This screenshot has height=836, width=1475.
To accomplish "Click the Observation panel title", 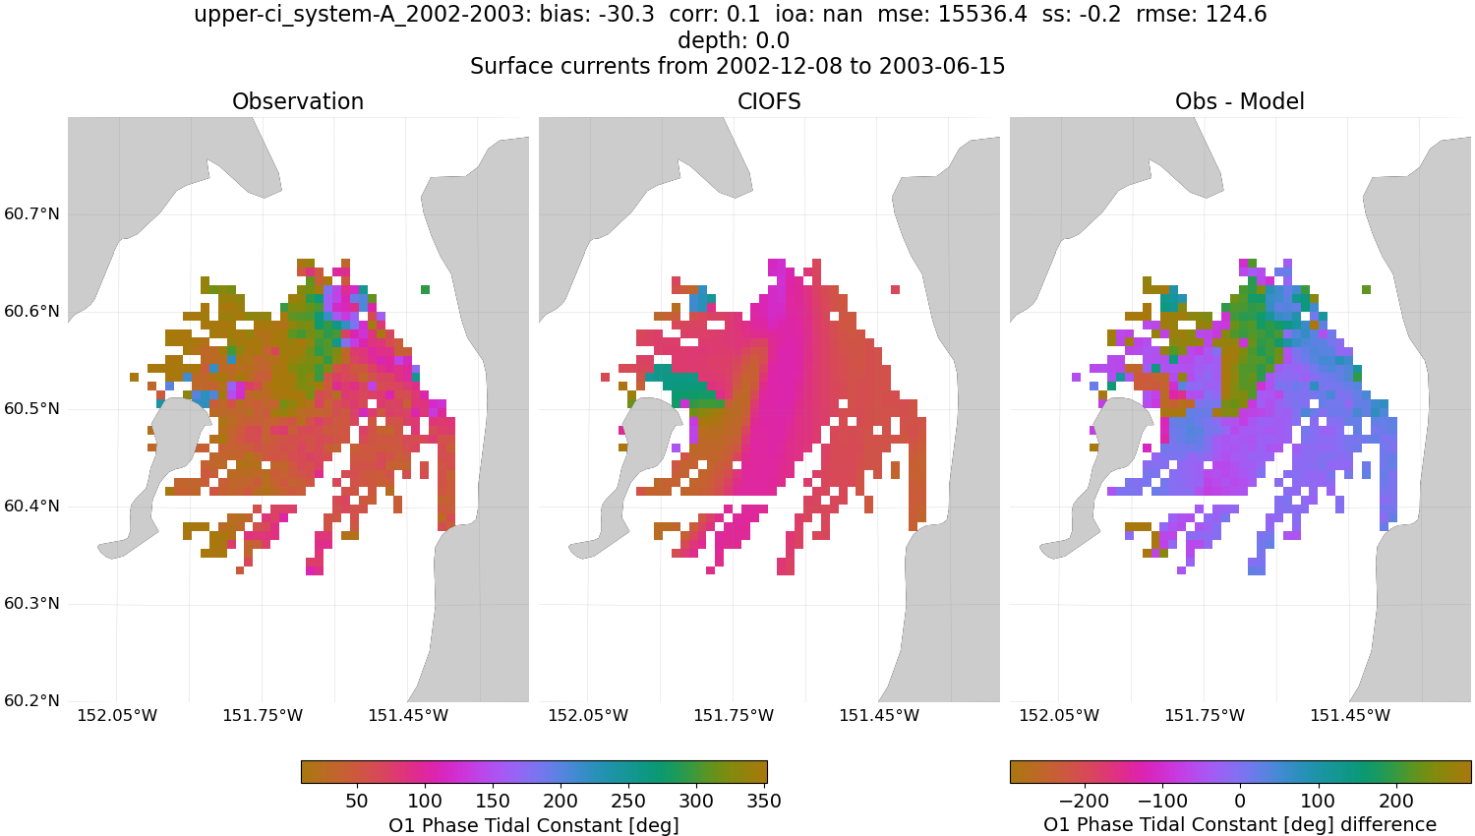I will (297, 101).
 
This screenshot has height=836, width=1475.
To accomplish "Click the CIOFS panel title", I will (769, 101).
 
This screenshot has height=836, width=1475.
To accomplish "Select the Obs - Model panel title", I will (1239, 101).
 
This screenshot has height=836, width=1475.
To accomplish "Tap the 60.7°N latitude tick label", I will (32, 214).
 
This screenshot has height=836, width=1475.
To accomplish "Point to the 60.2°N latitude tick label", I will (32, 701).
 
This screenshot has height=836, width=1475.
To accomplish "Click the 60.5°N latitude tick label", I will (32, 409).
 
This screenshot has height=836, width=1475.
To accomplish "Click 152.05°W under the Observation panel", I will (117, 716).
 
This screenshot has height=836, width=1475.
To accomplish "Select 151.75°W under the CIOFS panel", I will (734, 716).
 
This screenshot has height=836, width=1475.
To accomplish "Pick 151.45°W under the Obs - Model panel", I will (1349, 716).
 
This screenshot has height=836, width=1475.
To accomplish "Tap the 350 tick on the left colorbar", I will (763, 801).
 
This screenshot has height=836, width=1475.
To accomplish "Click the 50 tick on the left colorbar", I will (357, 801).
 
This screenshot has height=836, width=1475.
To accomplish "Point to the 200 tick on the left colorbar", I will (560, 801).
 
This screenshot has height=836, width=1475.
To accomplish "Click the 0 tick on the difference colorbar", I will (1240, 801).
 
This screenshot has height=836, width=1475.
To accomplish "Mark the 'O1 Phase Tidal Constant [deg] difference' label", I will (1239, 824).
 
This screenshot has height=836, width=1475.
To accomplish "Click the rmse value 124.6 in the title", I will (1233, 15).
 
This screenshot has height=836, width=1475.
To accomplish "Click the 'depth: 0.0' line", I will (733, 41).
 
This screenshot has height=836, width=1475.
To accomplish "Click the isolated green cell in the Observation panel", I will (425, 289).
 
